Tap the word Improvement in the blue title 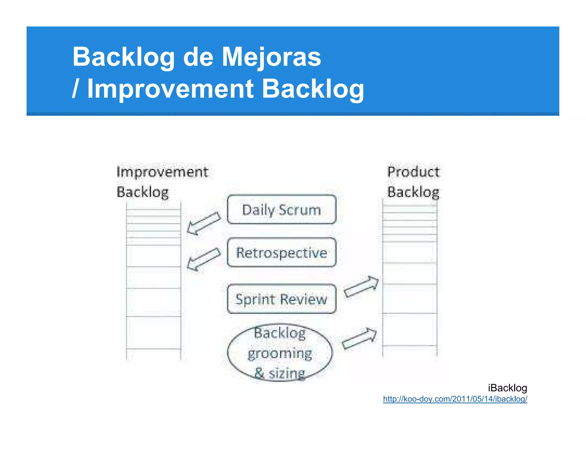tap(171, 89)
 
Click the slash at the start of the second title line tap(75, 89)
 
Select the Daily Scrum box tap(282, 209)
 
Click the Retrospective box tap(282, 253)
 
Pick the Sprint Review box tap(282, 299)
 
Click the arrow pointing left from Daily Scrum tap(204, 223)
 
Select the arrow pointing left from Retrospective tap(204, 259)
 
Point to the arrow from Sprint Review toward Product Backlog tap(361, 287)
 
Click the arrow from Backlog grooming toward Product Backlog tap(360, 338)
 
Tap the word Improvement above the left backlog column tap(162, 172)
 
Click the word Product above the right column tap(413, 172)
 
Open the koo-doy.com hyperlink tap(455, 399)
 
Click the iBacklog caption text tap(507, 388)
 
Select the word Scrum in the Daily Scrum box tap(300, 210)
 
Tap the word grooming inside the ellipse tap(280, 354)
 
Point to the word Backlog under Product tap(413, 192)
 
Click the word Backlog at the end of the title tap(313, 89)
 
